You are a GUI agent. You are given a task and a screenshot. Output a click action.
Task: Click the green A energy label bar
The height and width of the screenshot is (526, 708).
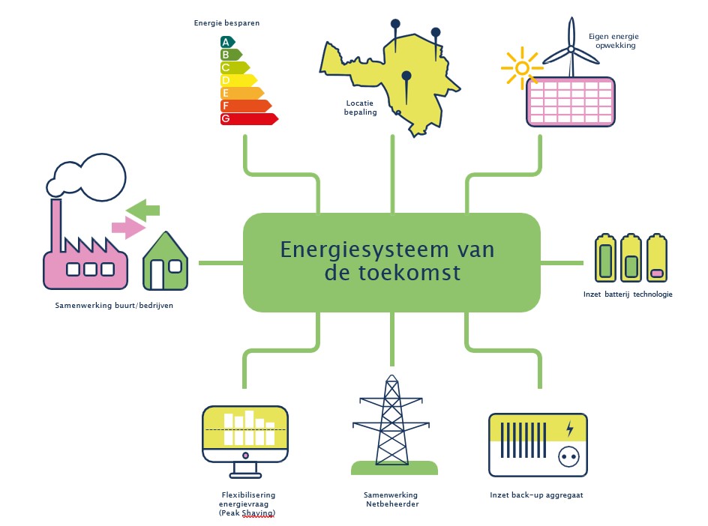click(227, 42)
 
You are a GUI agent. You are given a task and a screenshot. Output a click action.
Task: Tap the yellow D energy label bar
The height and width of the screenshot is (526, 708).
click(238, 80)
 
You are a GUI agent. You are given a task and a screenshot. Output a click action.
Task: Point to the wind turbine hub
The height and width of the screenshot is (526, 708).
click(570, 49)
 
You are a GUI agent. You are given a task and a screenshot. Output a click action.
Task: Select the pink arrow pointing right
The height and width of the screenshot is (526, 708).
click(127, 226)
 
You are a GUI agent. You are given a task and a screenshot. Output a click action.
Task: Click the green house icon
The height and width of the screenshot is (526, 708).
click(166, 263)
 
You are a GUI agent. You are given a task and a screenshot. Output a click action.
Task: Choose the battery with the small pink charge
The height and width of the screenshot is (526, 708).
click(657, 259)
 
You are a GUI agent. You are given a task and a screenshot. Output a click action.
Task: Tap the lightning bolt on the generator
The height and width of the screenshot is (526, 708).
click(570, 428)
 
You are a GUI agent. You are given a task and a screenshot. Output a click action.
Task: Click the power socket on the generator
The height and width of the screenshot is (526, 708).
click(566, 456)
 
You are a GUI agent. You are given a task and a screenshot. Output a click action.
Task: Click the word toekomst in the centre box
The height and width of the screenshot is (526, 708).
click(391, 273)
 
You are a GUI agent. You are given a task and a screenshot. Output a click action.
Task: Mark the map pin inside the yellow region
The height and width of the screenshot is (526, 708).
click(406, 76)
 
